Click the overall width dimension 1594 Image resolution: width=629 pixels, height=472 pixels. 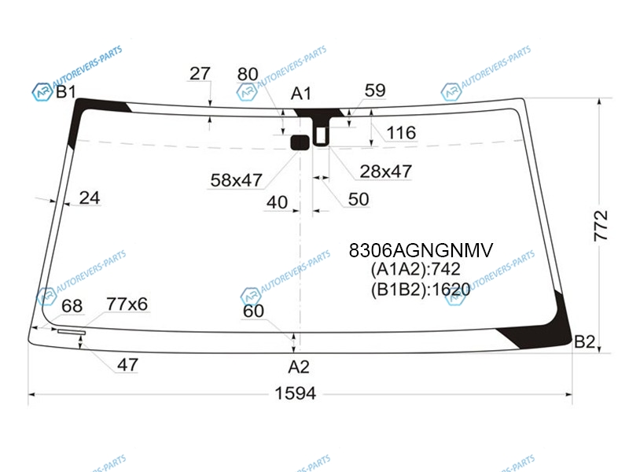[296, 393]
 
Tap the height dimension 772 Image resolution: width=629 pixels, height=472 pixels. [601, 226]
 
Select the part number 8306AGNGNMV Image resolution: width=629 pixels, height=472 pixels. [421, 250]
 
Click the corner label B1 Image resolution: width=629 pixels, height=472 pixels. [65, 92]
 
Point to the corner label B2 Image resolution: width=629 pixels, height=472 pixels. [584, 341]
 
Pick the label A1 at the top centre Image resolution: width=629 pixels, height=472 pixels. [301, 94]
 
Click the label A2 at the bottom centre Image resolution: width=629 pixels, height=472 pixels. [299, 367]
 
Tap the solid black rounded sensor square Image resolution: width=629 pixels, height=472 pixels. [300, 142]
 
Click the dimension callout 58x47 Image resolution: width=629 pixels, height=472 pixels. [237, 180]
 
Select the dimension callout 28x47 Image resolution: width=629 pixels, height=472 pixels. [386, 171]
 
